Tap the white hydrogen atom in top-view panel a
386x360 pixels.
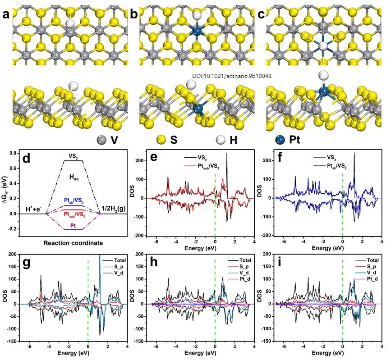click(x=69, y=23)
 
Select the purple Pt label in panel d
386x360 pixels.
click(x=73, y=224)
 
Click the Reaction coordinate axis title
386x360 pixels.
click(x=73, y=243)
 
